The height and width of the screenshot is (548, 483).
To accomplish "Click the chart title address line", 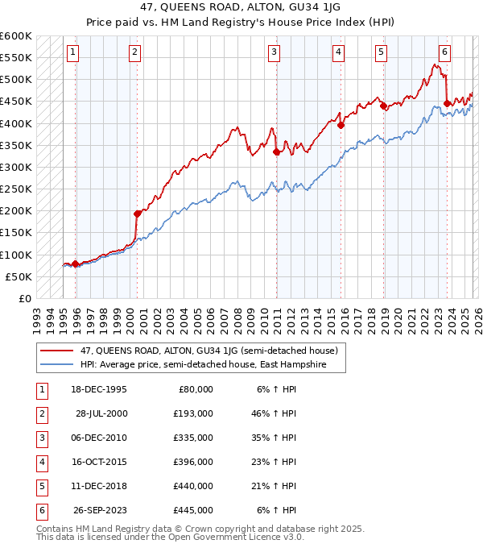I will [x=242, y=7].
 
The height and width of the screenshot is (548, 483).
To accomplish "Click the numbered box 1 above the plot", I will [x=72, y=53].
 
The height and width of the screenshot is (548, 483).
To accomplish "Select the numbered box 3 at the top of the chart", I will [x=274, y=53].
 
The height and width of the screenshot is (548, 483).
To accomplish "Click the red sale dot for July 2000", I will [x=137, y=214].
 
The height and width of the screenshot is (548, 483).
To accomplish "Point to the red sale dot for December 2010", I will [x=276, y=152].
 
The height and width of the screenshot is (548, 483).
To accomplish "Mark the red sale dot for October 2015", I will [x=341, y=125].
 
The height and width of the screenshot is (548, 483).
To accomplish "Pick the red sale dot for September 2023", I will [x=447, y=103].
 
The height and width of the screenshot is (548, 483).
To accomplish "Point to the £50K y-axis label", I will [x=19, y=276].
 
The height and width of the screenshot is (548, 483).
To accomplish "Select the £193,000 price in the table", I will [x=193, y=413].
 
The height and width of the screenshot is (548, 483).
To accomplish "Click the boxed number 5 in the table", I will [x=39, y=486].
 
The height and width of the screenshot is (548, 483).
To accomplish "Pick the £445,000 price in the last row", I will [x=193, y=510].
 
